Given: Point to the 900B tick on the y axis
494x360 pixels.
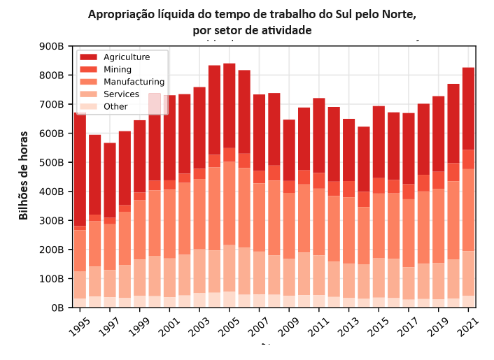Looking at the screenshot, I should point(52,47).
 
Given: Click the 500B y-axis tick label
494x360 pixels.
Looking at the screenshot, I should point(52,163).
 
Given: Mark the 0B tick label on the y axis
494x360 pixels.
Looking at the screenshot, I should point(57,308).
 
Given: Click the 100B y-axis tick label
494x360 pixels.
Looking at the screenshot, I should point(52,279).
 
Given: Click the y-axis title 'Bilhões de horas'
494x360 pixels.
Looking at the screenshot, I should point(24,175).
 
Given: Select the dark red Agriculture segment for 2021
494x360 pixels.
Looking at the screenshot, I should point(469,108).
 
